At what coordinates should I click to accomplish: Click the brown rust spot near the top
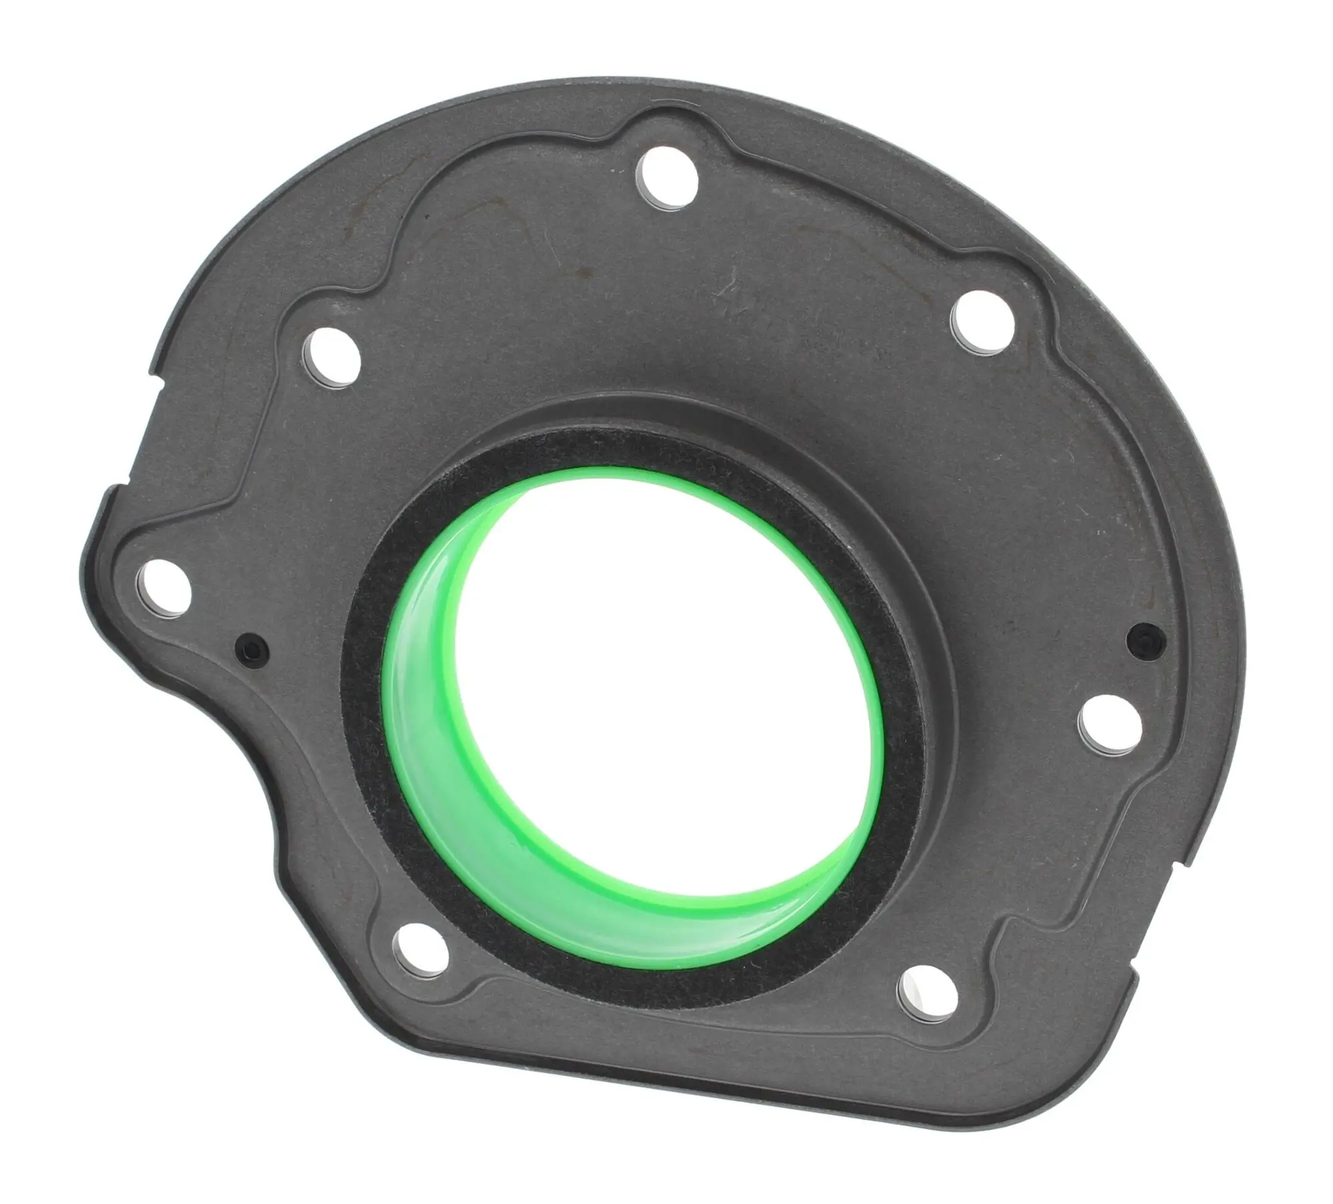click(x=585, y=271)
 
